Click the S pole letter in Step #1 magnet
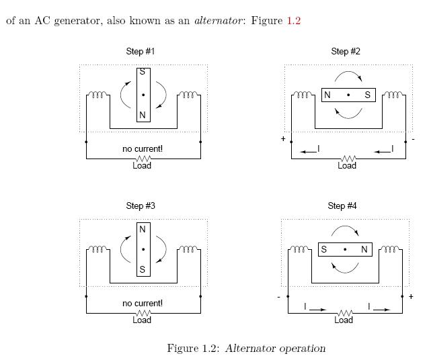click(x=143, y=73)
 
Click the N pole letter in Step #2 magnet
click(x=327, y=95)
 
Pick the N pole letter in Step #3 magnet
click(x=143, y=229)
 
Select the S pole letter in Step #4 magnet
click(x=324, y=250)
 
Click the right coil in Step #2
click(x=393, y=95)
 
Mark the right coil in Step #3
click(x=188, y=250)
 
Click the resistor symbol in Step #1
click(x=143, y=159)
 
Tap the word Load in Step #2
click(x=347, y=166)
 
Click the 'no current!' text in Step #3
click(x=143, y=304)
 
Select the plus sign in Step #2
click(x=283, y=140)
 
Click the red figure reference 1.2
click(x=294, y=21)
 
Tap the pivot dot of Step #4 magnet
click(x=345, y=250)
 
